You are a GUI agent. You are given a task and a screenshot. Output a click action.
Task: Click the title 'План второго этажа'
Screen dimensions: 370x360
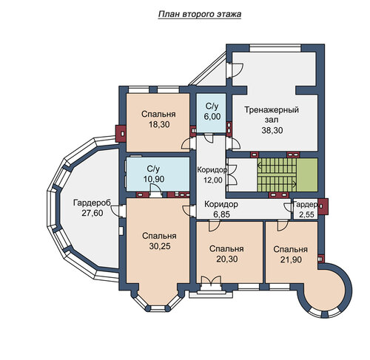point(200,14)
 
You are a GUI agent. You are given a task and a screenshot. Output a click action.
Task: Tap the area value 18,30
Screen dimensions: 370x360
point(159,125)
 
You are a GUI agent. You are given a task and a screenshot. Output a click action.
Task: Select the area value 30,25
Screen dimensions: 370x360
point(160,246)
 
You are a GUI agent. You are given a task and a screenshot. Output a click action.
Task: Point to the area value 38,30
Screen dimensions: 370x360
point(272,130)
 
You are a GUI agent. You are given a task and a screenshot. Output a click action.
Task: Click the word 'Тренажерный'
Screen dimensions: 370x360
point(272,109)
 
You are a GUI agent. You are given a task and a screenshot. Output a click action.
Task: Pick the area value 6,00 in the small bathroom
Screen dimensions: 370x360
point(212,116)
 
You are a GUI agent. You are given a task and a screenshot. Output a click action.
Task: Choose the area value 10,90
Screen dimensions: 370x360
point(154,179)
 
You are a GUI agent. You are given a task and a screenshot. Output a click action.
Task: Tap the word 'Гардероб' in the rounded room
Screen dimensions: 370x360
point(92,203)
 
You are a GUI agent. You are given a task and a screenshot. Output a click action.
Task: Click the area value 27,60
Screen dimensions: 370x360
point(92,213)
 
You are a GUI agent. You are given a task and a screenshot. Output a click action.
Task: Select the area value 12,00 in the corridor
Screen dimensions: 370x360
point(212,180)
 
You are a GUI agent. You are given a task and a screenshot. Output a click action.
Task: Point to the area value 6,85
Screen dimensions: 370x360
point(221,214)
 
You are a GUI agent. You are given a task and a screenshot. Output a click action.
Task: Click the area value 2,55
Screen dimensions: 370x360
point(306,214)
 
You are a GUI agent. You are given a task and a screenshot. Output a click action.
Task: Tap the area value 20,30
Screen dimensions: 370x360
point(227,259)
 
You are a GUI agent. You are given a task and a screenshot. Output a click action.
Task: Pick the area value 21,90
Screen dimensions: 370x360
point(291,259)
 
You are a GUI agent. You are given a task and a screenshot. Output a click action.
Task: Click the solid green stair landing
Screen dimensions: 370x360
point(307,174)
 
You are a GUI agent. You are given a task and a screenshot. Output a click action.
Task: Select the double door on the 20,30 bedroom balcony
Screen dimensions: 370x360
point(211,281)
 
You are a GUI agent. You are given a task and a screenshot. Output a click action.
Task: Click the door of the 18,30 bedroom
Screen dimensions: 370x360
point(186,144)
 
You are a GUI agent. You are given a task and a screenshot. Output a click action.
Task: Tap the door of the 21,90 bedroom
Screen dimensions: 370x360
point(283,225)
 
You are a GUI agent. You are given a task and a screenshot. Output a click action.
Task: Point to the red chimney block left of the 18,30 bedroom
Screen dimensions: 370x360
point(121,134)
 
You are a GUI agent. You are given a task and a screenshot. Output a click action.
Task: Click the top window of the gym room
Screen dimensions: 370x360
point(275,48)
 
